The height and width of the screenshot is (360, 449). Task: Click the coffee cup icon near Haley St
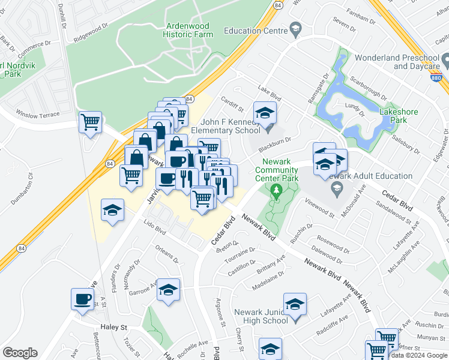(x=82, y=298)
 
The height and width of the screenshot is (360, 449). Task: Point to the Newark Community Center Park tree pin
(x=276, y=192)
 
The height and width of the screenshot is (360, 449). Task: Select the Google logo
(x=20, y=353)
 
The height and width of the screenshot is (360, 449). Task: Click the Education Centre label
(x=255, y=31)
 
